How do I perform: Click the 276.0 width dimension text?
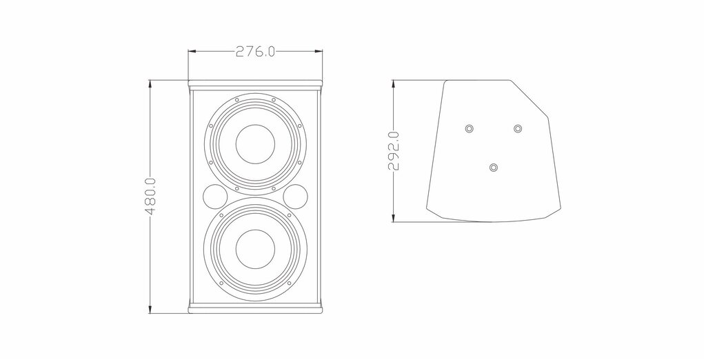click(x=255, y=52)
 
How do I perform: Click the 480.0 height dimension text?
click(x=151, y=196)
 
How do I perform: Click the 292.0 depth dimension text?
click(x=394, y=151)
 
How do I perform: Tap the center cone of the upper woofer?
click(x=255, y=144)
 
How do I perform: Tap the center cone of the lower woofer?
click(x=255, y=249)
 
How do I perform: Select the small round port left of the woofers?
click(x=216, y=197)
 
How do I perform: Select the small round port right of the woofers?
click(x=296, y=197)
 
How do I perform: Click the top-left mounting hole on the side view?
click(x=470, y=129)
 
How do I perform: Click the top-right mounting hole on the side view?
click(x=518, y=129)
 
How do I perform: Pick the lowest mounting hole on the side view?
click(x=494, y=168)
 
